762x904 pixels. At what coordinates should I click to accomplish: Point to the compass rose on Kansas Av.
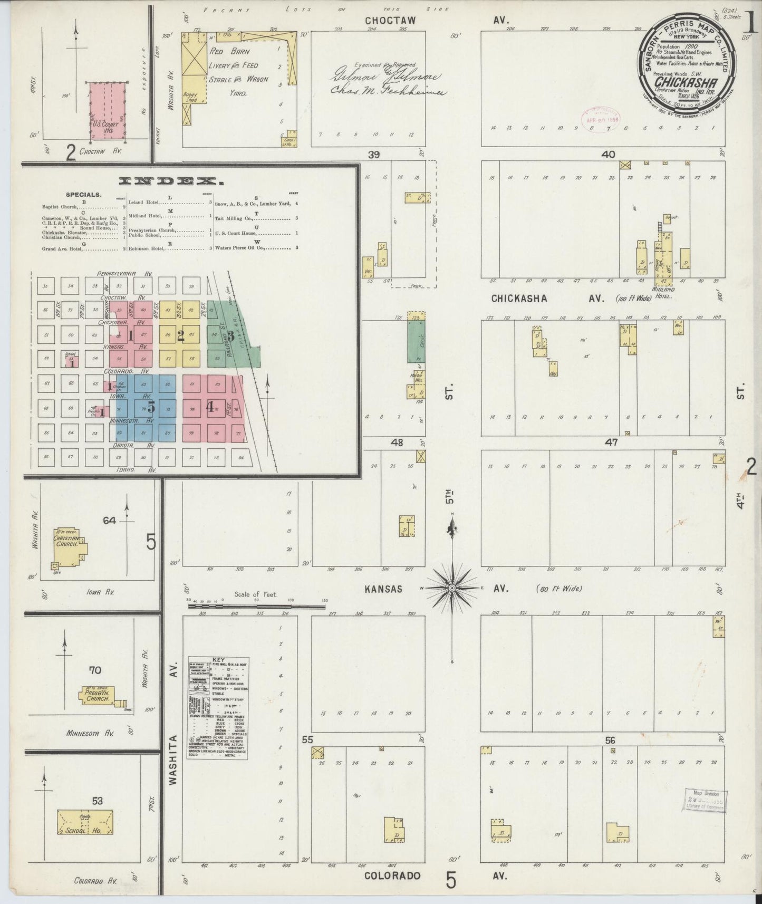[x=452, y=587]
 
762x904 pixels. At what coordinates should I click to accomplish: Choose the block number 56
[x=610, y=740]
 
